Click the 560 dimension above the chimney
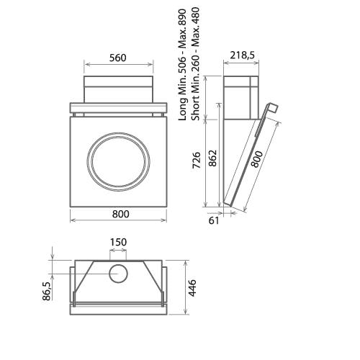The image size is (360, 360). pyautogui.click(x=120, y=58)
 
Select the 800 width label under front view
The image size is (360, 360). pyautogui.click(x=120, y=214)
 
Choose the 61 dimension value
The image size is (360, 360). pyautogui.click(x=214, y=221)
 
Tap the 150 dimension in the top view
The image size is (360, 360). pyautogui.click(x=119, y=242)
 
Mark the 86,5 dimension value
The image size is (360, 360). pyautogui.click(x=47, y=291)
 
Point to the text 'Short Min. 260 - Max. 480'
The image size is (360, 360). pyautogui.click(x=195, y=65)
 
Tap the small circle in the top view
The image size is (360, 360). pyautogui.click(x=119, y=273)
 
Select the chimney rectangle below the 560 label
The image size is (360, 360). pyautogui.click(x=120, y=90)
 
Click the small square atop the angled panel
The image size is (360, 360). pyautogui.click(x=272, y=108)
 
